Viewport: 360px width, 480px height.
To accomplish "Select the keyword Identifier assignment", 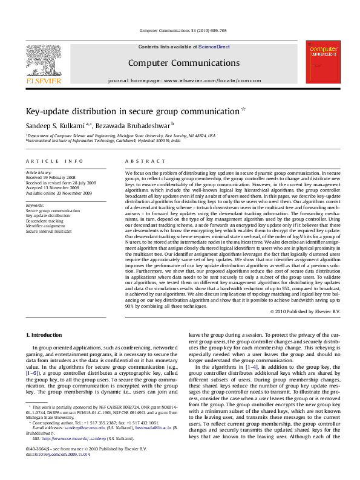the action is (x=46, y=225).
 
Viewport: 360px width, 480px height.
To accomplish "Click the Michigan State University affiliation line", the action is (x=121, y=136).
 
